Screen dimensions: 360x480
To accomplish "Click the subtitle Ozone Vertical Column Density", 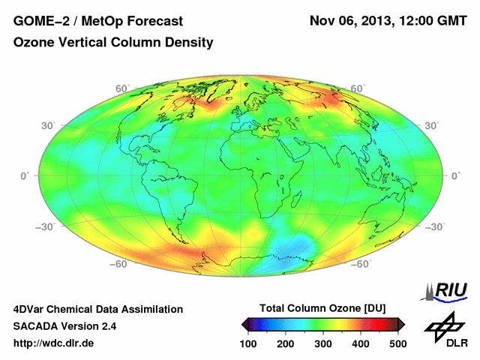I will click(x=113, y=43).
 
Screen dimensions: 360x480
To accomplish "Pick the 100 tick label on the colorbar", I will click(x=248, y=343).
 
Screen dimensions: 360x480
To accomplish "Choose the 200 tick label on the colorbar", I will click(x=286, y=343).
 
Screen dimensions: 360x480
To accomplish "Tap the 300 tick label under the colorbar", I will click(x=323, y=343).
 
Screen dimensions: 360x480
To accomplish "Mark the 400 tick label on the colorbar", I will click(x=361, y=343).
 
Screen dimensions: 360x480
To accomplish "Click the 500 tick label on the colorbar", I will click(x=397, y=343).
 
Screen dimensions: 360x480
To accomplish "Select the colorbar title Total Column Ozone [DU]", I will click(x=323, y=309).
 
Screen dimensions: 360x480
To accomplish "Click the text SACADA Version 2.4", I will click(x=64, y=326).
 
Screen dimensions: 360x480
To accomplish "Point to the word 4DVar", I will click(x=31, y=309).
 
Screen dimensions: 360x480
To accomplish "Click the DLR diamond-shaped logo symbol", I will click(x=442, y=325).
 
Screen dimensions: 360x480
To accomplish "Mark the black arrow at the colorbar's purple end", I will click(x=245, y=324).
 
